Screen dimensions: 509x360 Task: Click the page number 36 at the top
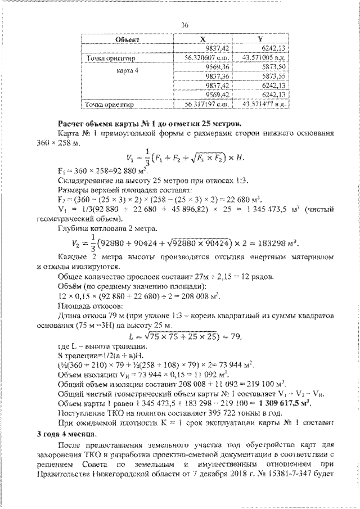[x=184, y=24]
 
